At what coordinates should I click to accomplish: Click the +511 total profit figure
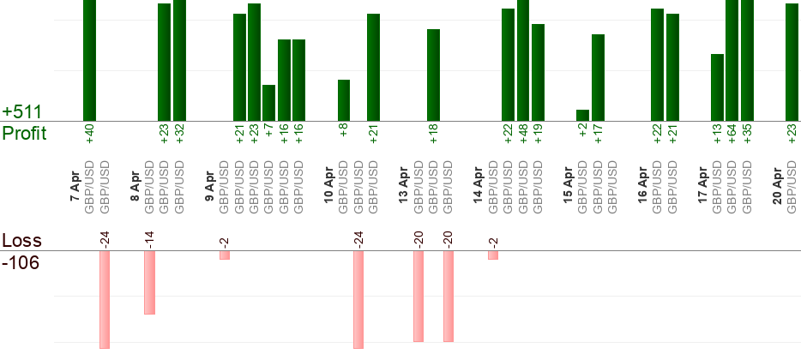pyautogui.click(x=21, y=112)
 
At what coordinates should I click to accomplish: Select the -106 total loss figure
pyautogui.click(x=21, y=263)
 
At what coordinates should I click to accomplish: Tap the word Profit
pyautogui.click(x=25, y=133)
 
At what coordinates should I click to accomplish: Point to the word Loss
pyautogui.click(x=21, y=241)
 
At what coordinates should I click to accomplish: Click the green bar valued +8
pyautogui.click(x=344, y=100)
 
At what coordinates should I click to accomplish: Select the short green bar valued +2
pyautogui.click(x=583, y=115)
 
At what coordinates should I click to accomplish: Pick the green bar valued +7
pyautogui.click(x=268, y=102)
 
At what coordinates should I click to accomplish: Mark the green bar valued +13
pyautogui.click(x=717, y=87)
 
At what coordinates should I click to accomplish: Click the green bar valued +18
pyautogui.click(x=434, y=75)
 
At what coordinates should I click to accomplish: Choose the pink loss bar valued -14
pyautogui.click(x=149, y=283)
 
